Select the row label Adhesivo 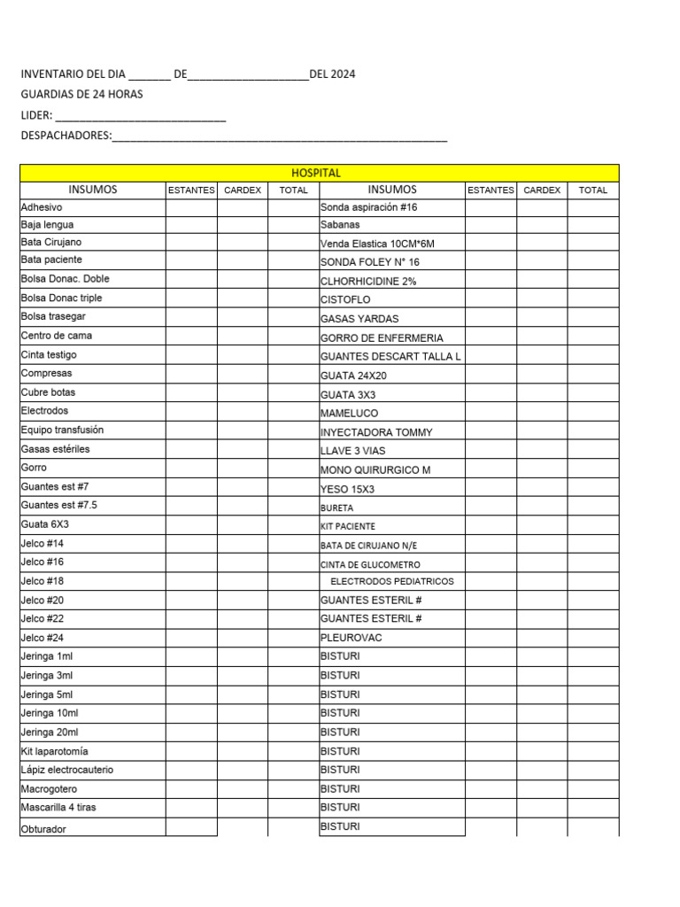42,206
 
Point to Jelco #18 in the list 42,581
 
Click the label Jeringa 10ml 50,713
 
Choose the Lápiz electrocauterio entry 67,770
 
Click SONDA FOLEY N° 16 370,262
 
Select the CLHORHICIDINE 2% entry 368,281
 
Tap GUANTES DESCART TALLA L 390,356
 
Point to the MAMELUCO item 349,413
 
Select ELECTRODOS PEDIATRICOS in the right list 391,582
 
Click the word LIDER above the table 36,115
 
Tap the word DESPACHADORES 66,136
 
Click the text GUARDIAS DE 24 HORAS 81,94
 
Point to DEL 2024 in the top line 332,74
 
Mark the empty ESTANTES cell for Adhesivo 190,206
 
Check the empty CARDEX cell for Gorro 242,468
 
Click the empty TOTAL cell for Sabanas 592,225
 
